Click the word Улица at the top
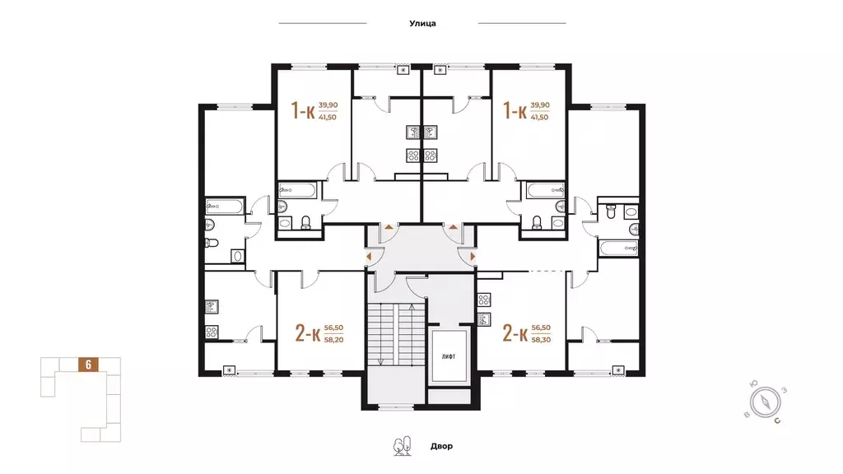[x=422, y=23]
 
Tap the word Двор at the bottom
[x=441, y=446]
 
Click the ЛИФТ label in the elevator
[x=449, y=356]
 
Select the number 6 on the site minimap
[x=88, y=365]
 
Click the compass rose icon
[x=765, y=402]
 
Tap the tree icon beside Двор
[x=402, y=445]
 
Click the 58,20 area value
[x=333, y=340]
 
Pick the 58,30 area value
[x=541, y=340]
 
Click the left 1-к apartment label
[x=303, y=111]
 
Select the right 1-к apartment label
[x=515, y=111]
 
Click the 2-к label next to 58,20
[x=308, y=333]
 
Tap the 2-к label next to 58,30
[x=515, y=333]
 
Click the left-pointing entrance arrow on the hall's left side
[x=369, y=257]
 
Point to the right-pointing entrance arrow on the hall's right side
[x=473, y=257]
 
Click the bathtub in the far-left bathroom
[x=224, y=206]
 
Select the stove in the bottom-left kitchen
[x=212, y=332]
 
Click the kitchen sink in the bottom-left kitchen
[x=212, y=307]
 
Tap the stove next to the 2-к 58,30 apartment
[x=484, y=300]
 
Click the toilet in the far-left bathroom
[x=212, y=243]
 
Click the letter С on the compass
[x=777, y=421]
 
